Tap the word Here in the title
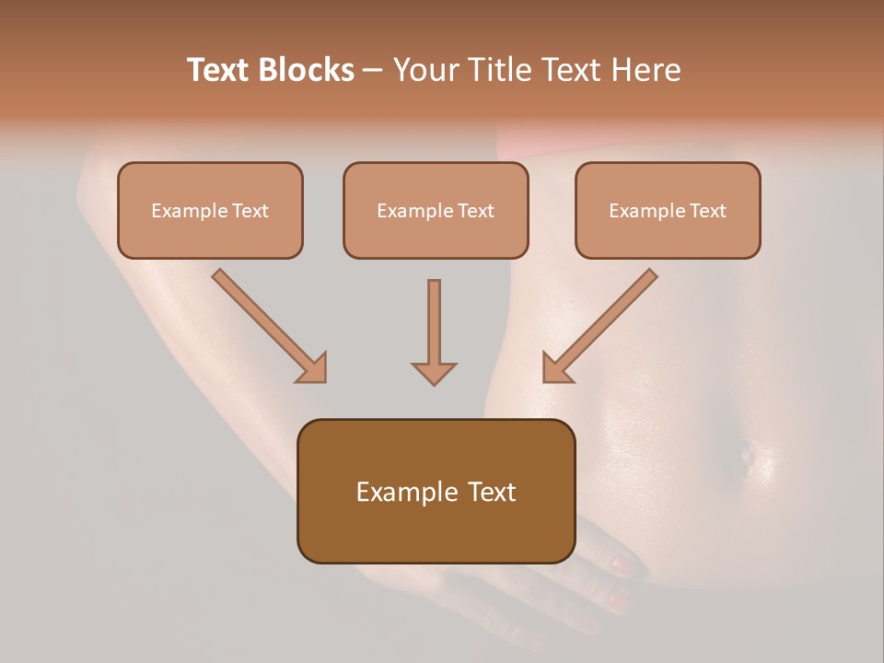644,70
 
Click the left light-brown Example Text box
210,211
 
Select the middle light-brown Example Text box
436,211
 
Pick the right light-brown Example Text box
668,211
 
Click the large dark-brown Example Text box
436,492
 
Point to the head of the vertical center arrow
434,373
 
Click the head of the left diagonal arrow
313,368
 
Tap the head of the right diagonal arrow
556,368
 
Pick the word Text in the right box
707,211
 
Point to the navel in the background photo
747,453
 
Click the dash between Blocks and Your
373,71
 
